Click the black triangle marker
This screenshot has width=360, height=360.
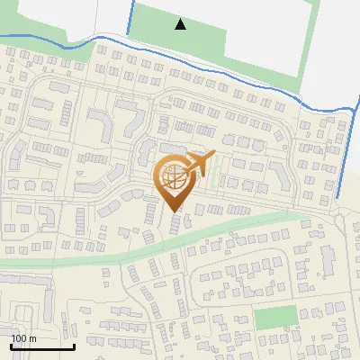click(181, 24)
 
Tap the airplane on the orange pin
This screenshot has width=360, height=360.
click(197, 165)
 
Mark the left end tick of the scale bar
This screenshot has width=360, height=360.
click(11, 346)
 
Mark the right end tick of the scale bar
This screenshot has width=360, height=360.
click(74, 346)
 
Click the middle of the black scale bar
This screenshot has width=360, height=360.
click(42, 347)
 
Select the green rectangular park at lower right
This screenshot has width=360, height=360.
click(274, 318)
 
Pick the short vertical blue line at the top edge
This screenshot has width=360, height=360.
click(129, 16)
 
